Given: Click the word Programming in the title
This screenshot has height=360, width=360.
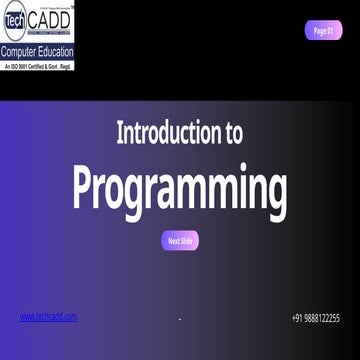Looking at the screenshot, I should pos(180,187).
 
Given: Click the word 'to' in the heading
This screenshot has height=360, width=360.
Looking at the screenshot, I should pos(229,132).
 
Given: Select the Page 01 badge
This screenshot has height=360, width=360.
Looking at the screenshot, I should pos(323,30).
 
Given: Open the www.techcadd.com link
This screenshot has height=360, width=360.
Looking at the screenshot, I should pos(48,317).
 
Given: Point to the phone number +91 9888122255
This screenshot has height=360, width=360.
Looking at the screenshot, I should pos(315,318).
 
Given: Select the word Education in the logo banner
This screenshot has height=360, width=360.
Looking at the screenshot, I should pos(54,50).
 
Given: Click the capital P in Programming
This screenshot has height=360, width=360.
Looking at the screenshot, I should pos(86,186).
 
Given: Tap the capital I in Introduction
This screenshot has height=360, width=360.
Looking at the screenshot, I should pos(120,132).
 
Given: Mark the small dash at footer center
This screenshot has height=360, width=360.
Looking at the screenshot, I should pos(180,319).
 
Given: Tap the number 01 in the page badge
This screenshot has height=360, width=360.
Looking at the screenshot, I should pos(329,30).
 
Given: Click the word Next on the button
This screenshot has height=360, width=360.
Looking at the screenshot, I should pos(173,241).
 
